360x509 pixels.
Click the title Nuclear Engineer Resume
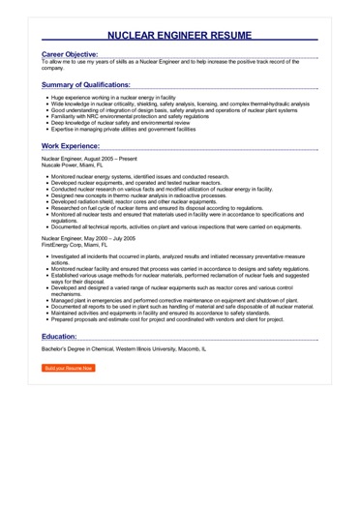(x=179, y=36)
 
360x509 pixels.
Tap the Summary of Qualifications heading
(x=92, y=85)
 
